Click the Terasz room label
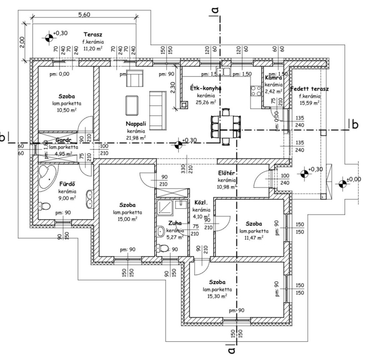click(92, 35)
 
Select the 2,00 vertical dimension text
click(22, 42)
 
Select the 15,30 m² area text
click(217, 296)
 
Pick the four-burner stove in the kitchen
click(256, 91)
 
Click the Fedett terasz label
click(309, 89)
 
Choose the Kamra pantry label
click(274, 78)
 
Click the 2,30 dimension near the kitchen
click(173, 87)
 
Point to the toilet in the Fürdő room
click(45, 206)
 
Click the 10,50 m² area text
click(66, 110)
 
